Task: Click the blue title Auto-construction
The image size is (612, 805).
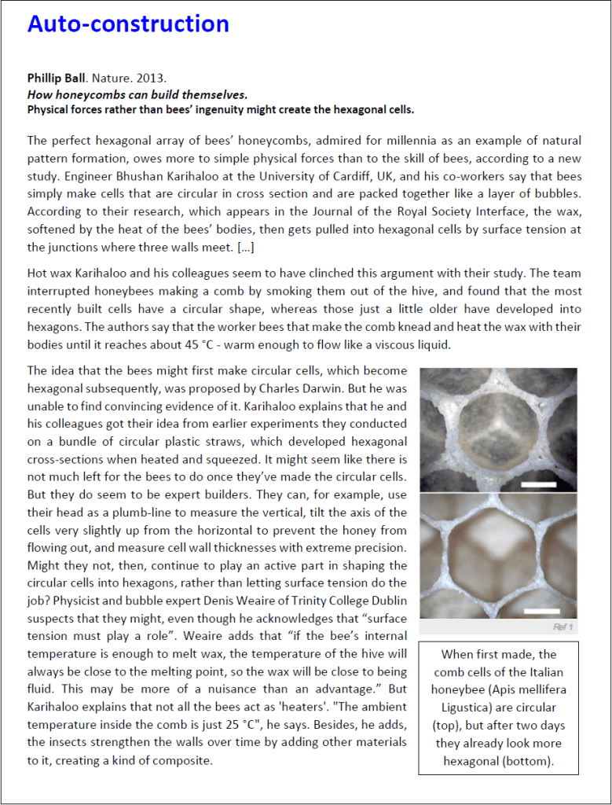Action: coord(128,24)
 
